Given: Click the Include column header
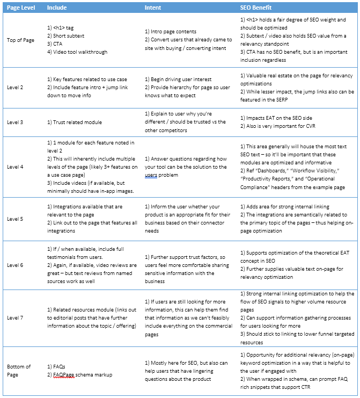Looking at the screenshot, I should pos(57,8).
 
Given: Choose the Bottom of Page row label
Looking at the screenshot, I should pos(19,370).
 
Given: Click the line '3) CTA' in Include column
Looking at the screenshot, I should pos(56,44).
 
